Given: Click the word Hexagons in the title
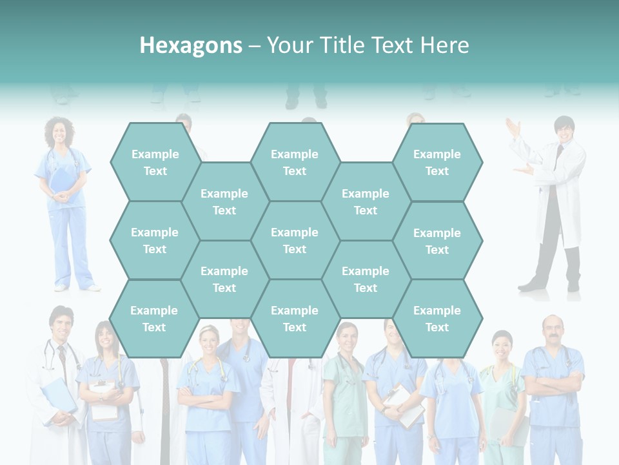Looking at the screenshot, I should point(191,45).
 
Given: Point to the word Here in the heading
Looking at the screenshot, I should point(444,45).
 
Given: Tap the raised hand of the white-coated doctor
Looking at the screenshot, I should point(513,127).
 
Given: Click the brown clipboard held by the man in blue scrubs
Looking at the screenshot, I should point(403,406).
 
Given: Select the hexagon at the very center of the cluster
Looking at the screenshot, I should point(295,240).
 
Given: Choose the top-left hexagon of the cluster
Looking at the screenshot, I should point(155,162).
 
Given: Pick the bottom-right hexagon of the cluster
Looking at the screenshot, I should point(437,318).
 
